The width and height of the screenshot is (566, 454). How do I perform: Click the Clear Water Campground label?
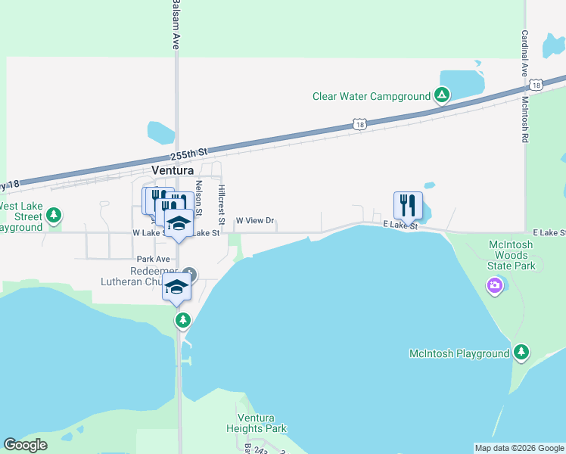click(371, 96)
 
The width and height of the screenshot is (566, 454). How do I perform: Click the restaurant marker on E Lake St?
click(407, 205)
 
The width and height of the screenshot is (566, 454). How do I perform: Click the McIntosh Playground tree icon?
click(521, 353)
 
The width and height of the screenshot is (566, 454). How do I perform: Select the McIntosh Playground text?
click(459, 353)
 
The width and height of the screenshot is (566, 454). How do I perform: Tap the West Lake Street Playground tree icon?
click(53, 216)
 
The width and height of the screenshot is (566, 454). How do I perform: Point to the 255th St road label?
click(188, 155)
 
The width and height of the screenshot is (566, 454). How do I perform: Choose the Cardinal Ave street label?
click(523, 54)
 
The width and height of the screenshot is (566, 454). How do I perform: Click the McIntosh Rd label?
click(524, 120)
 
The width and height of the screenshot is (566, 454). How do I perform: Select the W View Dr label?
click(254, 221)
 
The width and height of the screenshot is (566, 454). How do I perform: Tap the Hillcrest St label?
click(222, 204)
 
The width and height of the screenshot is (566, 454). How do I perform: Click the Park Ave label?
click(154, 259)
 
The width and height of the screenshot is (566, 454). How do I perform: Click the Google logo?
click(25, 445)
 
